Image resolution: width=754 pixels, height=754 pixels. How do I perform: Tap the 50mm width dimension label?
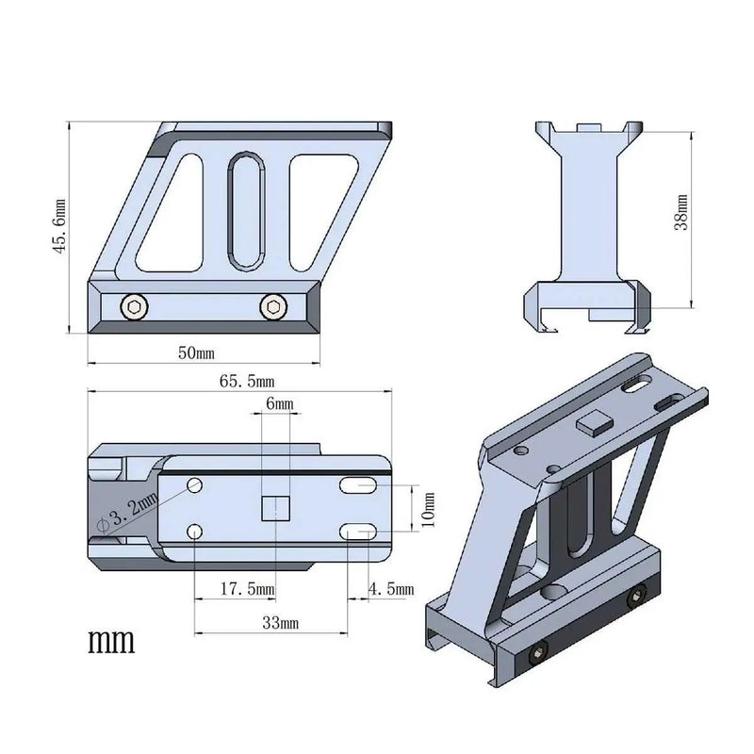[197, 352]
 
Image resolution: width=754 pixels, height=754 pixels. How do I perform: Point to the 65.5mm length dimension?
[247, 382]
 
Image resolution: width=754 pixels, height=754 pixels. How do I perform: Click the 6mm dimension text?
[280, 403]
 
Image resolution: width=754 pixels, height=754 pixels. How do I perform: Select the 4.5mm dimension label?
[390, 589]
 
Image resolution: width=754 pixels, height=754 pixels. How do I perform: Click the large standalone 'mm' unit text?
[112, 643]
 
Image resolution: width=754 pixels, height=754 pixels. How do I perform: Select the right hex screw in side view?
[273, 305]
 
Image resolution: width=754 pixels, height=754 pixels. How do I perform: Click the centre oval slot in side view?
[246, 209]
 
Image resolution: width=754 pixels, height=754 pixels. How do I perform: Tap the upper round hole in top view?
[195, 485]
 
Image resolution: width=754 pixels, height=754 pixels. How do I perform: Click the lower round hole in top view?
[194, 533]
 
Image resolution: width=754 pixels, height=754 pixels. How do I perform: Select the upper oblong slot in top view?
[359, 486]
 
